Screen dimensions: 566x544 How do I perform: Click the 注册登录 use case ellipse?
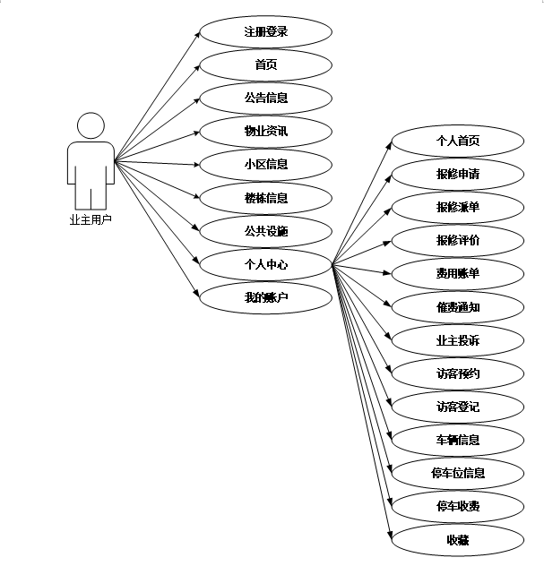(x=265, y=31)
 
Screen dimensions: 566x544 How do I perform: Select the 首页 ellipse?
(x=265, y=64)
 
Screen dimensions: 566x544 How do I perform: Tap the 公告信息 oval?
(x=265, y=98)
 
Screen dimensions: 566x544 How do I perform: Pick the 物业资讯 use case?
(x=265, y=132)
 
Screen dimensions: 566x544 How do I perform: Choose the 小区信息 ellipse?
(x=265, y=165)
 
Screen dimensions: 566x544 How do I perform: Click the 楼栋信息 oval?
(x=265, y=198)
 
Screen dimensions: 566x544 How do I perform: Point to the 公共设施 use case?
(x=265, y=232)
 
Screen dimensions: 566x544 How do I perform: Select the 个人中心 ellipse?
(x=265, y=265)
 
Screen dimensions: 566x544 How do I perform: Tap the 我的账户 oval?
(x=265, y=298)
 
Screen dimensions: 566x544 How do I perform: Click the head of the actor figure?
(x=91, y=124)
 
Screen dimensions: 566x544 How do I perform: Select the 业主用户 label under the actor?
(x=91, y=218)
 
